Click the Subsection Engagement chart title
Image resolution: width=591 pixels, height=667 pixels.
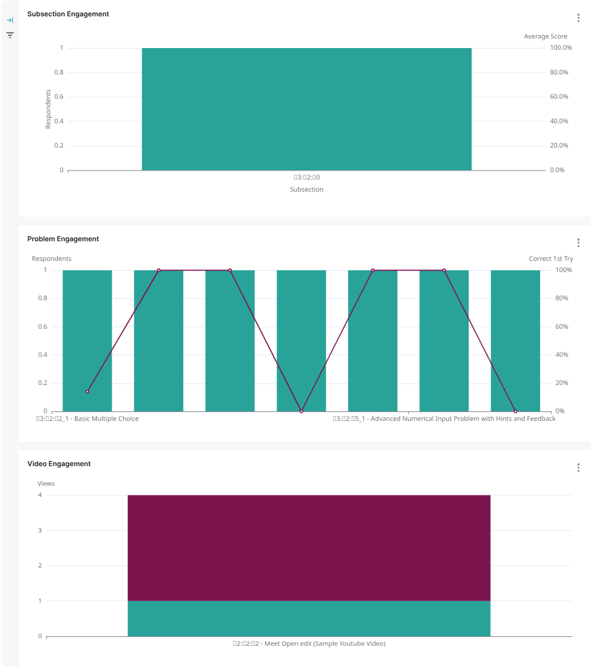pyautogui.click(x=68, y=14)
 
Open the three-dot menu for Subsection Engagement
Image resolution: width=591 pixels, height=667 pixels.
pyautogui.click(x=578, y=18)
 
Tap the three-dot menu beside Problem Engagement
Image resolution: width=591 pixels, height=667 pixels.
pyautogui.click(x=578, y=243)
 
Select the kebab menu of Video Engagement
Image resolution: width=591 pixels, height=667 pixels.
pyautogui.click(x=578, y=468)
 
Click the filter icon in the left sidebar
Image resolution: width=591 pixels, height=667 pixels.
pyautogui.click(x=10, y=35)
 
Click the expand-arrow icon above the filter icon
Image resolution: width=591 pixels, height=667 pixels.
pyautogui.click(x=10, y=20)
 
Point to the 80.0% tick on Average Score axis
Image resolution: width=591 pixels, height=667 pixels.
pyautogui.click(x=559, y=73)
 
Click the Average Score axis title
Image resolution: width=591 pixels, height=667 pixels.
pyautogui.click(x=545, y=37)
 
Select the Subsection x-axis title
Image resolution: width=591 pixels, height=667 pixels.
pyautogui.click(x=306, y=189)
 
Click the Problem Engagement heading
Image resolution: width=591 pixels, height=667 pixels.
pyautogui.click(x=63, y=239)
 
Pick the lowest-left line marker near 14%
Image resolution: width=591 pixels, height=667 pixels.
pyautogui.click(x=87, y=392)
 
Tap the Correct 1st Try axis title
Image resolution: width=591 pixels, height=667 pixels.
pyautogui.click(x=551, y=259)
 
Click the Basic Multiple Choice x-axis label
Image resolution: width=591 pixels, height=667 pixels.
pyautogui.click(x=87, y=419)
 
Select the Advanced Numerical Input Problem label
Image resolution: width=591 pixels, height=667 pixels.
pyautogui.click(x=444, y=419)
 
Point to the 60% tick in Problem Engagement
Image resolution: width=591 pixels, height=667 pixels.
pyautogui.click(x=562, y=327)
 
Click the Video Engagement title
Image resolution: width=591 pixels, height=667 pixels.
pyautogui.click(x=59, y=464)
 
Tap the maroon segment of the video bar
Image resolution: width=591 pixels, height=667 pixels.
pyautogui.click(x=309, y=548)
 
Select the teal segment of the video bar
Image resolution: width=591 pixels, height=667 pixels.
pyautogui.click(x=309, y=618)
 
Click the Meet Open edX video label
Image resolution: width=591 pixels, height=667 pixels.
pyautogui.click(x=309, y=643)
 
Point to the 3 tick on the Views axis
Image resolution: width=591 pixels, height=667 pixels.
pyautogui.click(x=40, y=531)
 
